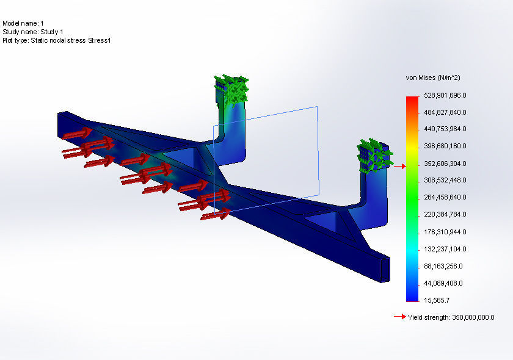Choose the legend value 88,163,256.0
pyautogui.click(x=445, y=266)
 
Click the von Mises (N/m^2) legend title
pyautogui.click(x=432, y=78)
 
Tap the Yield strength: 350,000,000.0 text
pyautogui.click(x=451, y=317)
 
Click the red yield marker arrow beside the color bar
pyautogui.click(x=399, y=166)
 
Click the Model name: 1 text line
pyautogui.click(x=23, y=23)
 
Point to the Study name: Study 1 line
pyautogui.click(x=33, y=31)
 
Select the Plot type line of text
pyautogui.click(x=56, y=40)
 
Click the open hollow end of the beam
pyautogui.click(x=385, y=269)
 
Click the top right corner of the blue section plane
pyautogui.click(x=317, y=107)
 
